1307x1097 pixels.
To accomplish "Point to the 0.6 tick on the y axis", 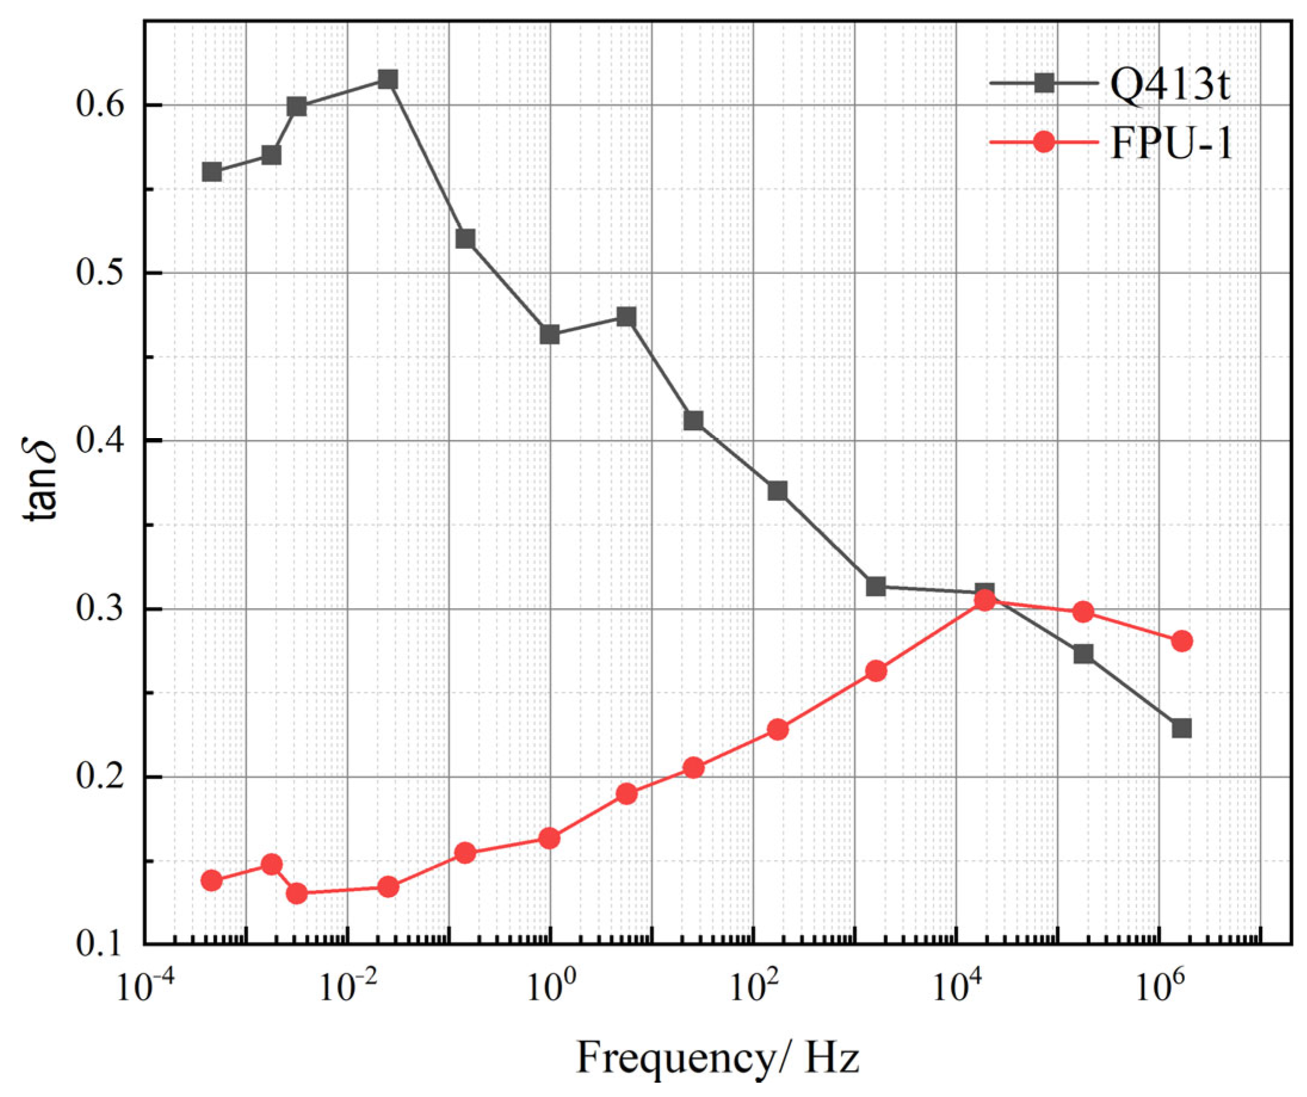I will pos(98,105).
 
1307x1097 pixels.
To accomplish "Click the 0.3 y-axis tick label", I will pos(98,609).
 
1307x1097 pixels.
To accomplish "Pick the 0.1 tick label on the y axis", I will pos(98,944).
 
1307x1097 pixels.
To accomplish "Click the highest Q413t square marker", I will pos(387,80).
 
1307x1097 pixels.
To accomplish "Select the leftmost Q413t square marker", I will pos(212,172).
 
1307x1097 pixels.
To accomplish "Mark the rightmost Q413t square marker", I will pos(1181,728).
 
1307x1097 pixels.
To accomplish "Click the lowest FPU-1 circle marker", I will pos(297,893).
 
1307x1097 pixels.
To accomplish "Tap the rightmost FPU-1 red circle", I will pos(1181,641).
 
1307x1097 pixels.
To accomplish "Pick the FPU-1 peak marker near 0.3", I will pos(984,600).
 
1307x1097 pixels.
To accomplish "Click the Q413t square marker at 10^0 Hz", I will pos(549,335).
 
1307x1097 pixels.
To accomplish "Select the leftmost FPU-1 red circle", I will pos(212,880).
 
